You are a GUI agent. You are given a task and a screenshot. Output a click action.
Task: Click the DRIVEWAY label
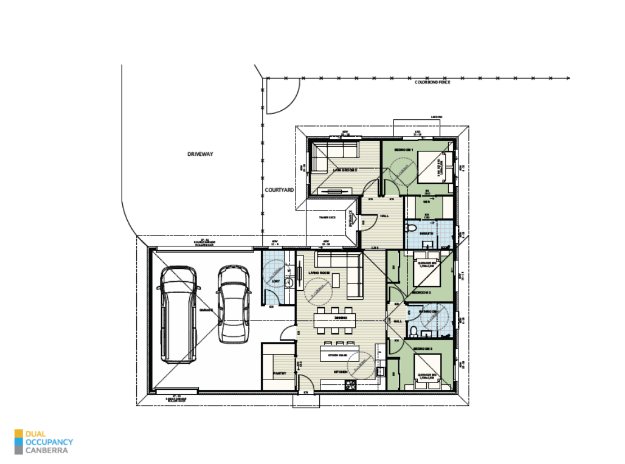200,154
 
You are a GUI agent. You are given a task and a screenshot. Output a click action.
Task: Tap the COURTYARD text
279,191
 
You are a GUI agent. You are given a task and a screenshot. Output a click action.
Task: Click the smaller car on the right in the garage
234,304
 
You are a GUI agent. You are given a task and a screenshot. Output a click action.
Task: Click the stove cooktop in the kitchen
351,385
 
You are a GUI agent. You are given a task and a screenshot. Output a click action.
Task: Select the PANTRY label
280,373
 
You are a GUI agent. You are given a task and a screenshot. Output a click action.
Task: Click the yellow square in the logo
19,433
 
